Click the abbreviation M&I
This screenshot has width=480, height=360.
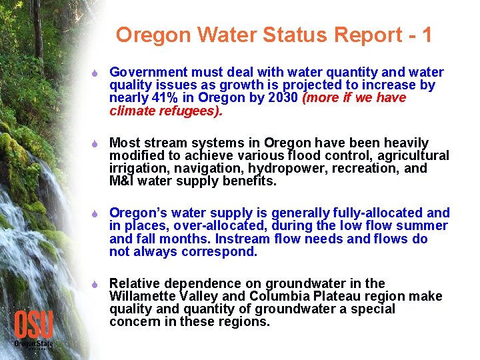pyautogui.click(x=121, y=181)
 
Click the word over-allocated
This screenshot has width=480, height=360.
pyautogui.click(x=209, y=226)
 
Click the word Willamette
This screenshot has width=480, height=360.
pyautogui.click(x=141, y=296)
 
